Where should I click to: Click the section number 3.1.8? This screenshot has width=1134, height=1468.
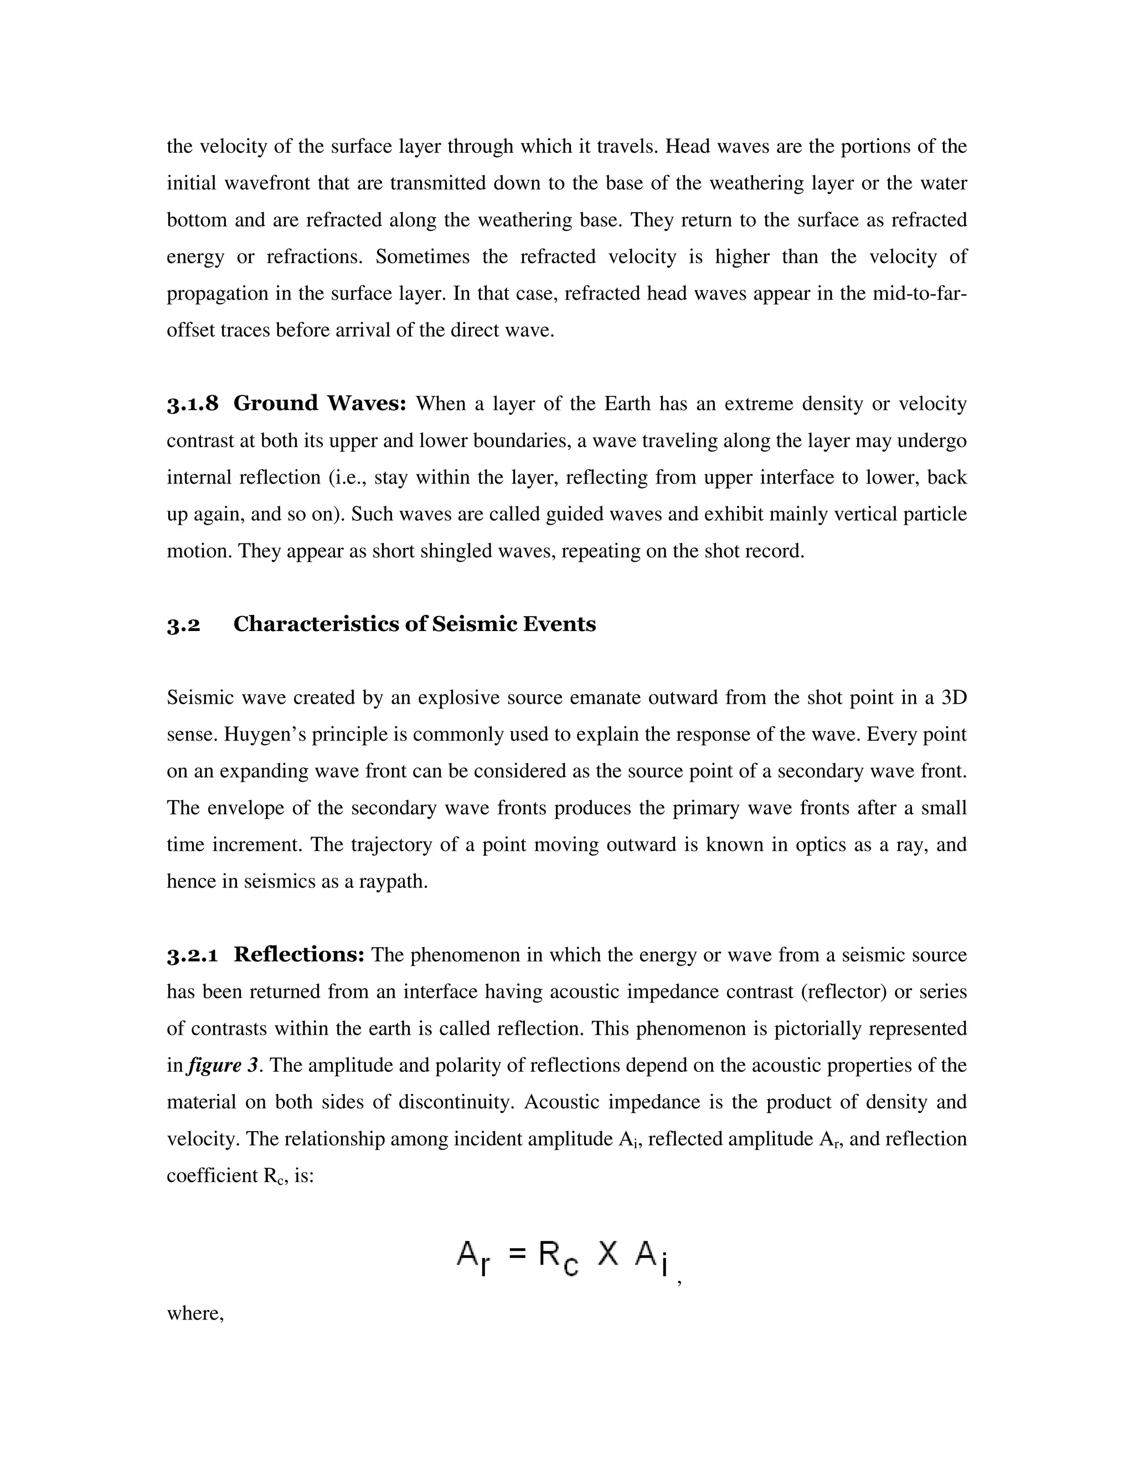click(192, 404)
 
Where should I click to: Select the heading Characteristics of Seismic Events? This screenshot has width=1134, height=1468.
click(415, 624)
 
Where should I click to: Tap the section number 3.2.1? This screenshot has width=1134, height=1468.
click(192, 955)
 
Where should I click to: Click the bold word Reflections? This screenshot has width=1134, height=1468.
click(299, 954)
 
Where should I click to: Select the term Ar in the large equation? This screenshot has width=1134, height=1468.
click(473, 1256)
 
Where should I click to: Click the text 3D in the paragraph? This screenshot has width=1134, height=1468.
click(953, 697)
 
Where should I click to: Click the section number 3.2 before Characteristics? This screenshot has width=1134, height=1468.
click(183, 625)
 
